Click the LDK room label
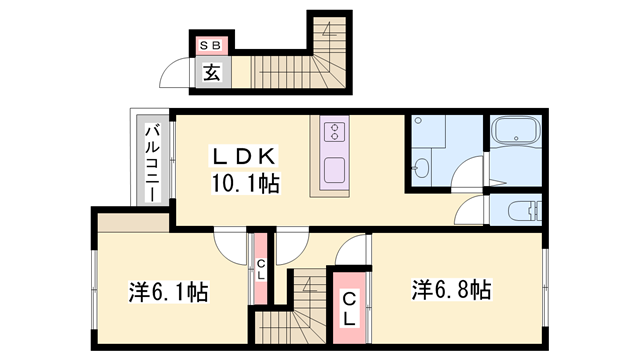tap(241, 156)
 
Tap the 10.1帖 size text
tap(244, 183)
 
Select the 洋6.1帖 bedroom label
tap(168, 293)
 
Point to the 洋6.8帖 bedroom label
tap(449, 290)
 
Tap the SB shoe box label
tap(212, 45)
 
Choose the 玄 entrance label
tap(212, 72)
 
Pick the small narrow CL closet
tap(260, 269)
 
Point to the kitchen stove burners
tap(334, 133)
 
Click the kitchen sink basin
tap(334, 168)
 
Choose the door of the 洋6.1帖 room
tap(231, 246)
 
